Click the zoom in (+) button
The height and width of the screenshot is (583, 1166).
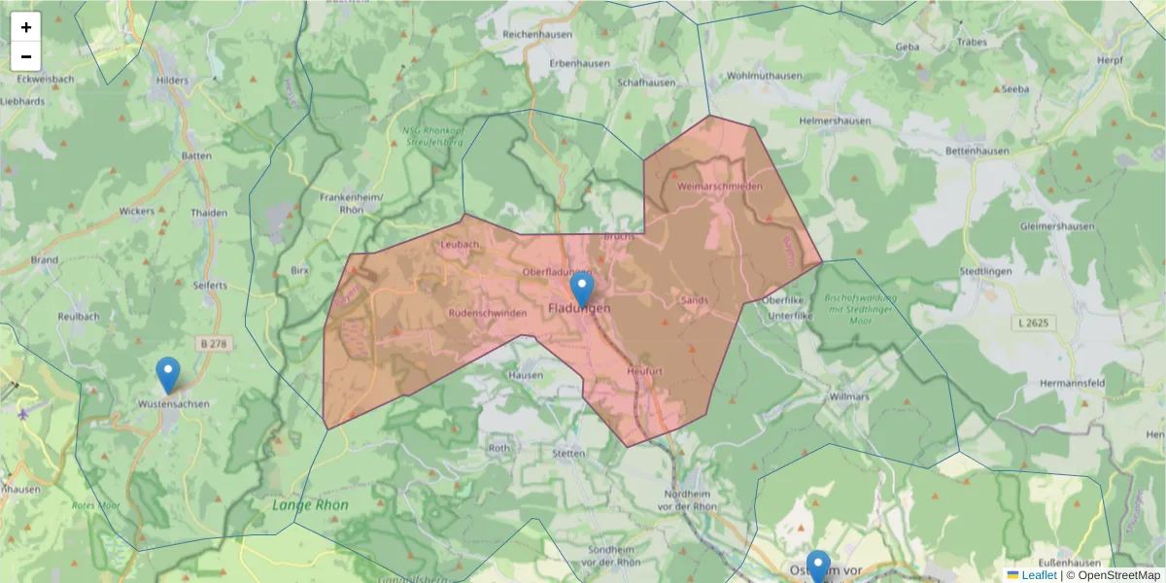[26, 27]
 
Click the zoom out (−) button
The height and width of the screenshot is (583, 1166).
[26, 56]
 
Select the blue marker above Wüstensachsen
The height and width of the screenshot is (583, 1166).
[168, 375]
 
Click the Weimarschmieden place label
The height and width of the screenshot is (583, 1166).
[719, 186]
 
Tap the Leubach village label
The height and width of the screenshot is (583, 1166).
[461, 245]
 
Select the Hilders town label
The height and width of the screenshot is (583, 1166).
[172, 81]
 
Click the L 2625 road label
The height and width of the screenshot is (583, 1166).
[1037, 322]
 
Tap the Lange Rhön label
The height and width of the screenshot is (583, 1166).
[310, 505]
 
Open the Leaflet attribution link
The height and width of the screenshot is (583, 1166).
[1039, 575]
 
